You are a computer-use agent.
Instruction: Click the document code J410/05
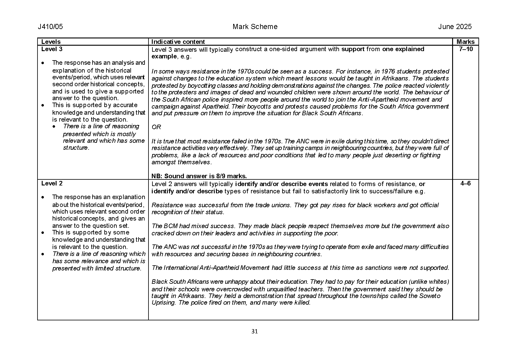50,27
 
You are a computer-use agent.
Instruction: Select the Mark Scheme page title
255,27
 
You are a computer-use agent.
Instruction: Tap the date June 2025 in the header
455,27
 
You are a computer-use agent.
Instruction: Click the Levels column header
51,42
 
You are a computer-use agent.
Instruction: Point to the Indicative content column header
178,42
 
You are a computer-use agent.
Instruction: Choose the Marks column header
465,42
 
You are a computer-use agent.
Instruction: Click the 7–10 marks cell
465,49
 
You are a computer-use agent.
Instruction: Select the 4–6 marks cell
465,183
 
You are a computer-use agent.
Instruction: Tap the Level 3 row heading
52,49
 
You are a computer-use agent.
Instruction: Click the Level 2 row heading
52,183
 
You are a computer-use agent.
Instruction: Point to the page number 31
255,331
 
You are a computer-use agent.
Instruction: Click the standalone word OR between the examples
156,127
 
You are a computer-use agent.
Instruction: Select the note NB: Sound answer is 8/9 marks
199,176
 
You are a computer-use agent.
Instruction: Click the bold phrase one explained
403,49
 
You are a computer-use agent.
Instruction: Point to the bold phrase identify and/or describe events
281,184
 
